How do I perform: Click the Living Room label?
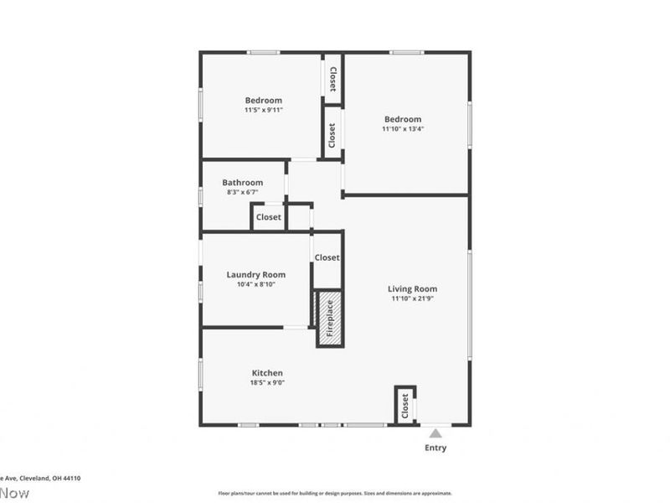[413, 289]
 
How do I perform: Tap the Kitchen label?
[267, 373]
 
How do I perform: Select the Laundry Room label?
[255, 274]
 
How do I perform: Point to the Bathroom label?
[242, 183]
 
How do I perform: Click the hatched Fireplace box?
[329, 318]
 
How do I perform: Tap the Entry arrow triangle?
[435, 433]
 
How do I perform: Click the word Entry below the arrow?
[435, 448]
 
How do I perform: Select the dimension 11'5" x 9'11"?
[263, 110]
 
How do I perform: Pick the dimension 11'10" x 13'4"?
[402, 128]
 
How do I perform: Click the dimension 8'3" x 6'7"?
[242, 193]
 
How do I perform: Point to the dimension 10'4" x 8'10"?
[255, 284]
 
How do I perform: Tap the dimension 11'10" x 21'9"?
[413, 298]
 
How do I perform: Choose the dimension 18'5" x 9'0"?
[267, 382]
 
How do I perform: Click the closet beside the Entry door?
[405, 406]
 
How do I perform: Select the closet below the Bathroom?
[268, 217]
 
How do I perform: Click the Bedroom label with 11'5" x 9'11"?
[263, 101]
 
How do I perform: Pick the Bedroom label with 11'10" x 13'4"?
[402, 119]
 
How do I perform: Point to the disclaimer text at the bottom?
[335, 493]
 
